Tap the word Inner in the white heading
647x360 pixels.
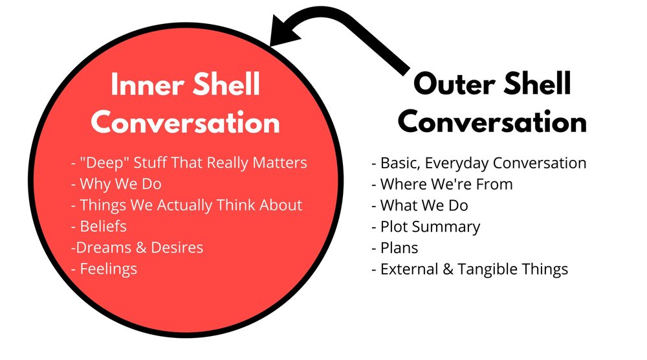[140, 85]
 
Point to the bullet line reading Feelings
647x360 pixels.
[104, 268]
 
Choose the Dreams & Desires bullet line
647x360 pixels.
[137, 247]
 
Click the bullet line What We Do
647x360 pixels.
[420, 205]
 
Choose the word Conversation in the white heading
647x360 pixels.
[186, 123]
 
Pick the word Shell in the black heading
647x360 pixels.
[535, 84]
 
